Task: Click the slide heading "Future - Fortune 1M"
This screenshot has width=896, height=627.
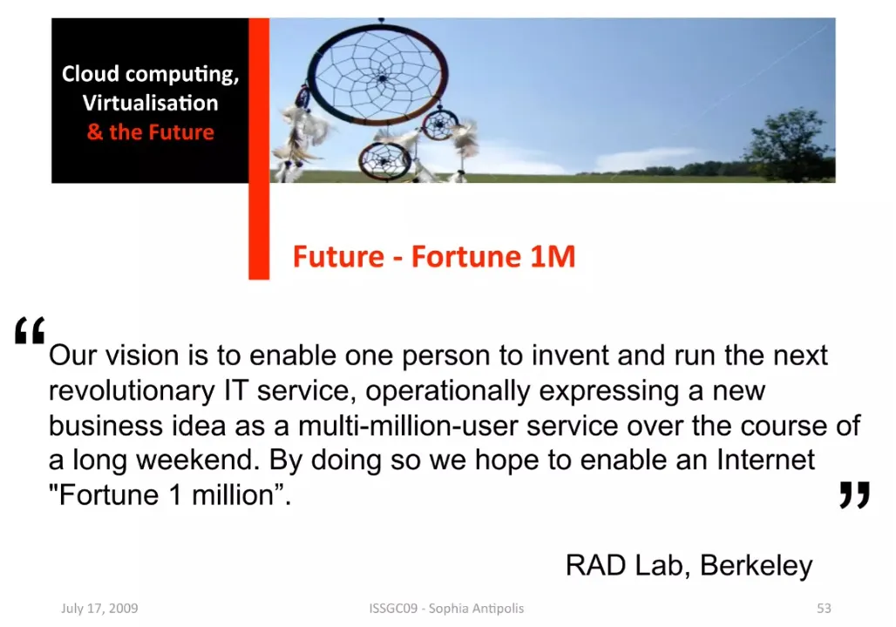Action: click(434, 256)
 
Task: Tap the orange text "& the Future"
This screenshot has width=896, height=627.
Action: click(150, 131)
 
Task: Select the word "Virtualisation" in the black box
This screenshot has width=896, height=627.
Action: click(150, 103)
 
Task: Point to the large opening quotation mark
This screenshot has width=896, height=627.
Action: click(30, 330)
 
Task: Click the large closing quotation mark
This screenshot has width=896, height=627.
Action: click(854, 495)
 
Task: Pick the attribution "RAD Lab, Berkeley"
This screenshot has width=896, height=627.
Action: click(689, 565)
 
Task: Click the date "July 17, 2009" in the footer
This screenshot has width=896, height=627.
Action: click(99, 608)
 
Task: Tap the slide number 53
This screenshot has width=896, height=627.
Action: click(824, 608)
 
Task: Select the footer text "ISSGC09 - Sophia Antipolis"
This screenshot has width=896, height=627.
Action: click(446, 608)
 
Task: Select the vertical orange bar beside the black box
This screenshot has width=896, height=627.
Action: click(259, 148)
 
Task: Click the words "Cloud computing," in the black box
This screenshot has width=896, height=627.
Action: click(150, 74)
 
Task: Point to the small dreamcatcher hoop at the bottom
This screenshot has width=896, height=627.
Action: click(384, 161)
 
